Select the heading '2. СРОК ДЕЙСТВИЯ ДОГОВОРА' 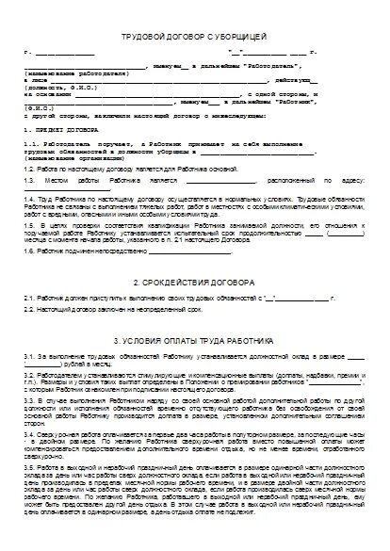pos(195,281)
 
